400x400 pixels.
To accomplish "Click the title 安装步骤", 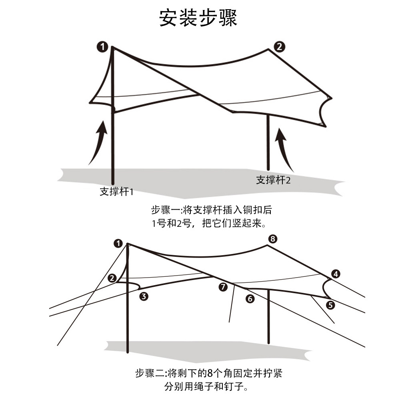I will pyautogui.click(x=198, y=18).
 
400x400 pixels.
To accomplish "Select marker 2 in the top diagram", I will pyautogui.click(x=279, y=47).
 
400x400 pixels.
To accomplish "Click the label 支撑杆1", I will pyautogui.click(x=116, y=192).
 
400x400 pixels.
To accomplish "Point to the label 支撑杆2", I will pyautogui.click(x=273, y=180).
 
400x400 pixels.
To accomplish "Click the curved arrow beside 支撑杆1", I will pyautogui.click(x=99, y=142).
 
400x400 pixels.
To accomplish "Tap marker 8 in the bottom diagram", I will pyautogui.click(x=273, y=239).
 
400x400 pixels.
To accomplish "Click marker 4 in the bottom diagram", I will pyautogui.click(x=336, y=274).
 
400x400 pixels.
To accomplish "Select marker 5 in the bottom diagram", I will pyautogui.click(x=330, y=305).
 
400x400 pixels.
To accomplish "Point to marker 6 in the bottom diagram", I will pyautogui.click(x=250, y=298).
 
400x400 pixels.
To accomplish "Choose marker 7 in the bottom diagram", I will pyautogui.click(x=223, y=286).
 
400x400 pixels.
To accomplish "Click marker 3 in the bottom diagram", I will pyautogui.click(x=144, y=296).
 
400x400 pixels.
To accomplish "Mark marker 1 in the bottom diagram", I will pyautogui.click(x=118, y=243).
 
